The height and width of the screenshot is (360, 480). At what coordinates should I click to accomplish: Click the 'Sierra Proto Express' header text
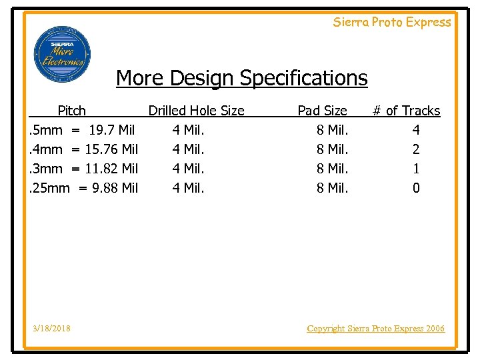pos(392,22)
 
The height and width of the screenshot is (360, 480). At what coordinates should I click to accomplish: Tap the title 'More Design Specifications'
pos(241,78)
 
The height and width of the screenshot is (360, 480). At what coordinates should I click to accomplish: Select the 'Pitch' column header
pos(71,111)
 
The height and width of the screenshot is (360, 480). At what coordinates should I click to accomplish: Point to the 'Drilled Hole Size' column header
pos(196,111)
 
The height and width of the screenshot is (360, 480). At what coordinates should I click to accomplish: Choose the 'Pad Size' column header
pos(322,111)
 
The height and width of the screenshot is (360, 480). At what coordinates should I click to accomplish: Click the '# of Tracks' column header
pos(406,111)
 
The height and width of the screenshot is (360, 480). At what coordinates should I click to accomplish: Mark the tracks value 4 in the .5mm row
pos(416,130)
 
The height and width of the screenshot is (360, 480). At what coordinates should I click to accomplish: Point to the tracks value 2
pos(416,149)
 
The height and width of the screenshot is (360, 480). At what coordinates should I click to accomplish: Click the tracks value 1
pos(416,169)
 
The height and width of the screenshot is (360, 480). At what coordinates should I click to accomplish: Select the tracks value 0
pos(416,188)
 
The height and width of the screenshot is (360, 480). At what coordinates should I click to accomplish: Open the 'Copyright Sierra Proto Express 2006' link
pos(375,328)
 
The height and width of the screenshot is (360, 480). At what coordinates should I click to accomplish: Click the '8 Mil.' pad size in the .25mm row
pos(332,188)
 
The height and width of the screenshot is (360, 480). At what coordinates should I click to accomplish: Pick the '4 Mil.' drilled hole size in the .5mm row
pos(188,130)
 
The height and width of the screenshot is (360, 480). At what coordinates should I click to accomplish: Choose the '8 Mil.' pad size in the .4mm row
pos(332,149)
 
